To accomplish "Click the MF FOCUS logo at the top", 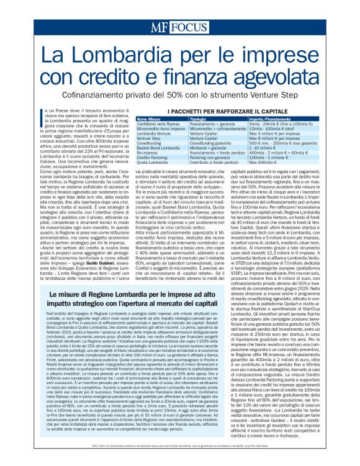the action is pyautogui.click(x=179, y=27).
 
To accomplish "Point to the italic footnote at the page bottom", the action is pyautogui.click(x=180, y=455).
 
